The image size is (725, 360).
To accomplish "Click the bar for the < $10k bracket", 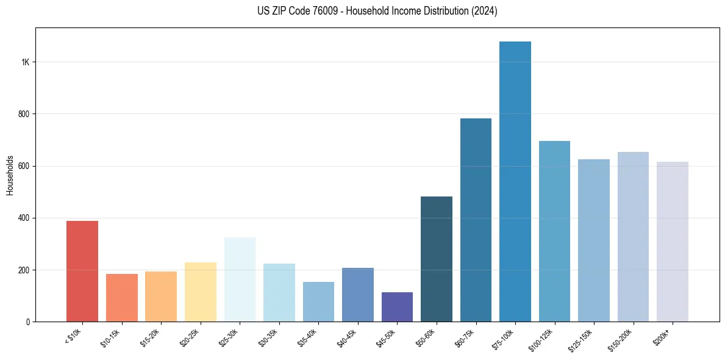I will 82,272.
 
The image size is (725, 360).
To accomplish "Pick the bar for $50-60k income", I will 437,259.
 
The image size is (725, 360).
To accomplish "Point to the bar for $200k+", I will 673,242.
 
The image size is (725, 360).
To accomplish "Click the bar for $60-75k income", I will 476,220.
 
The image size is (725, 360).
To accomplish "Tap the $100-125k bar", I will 554,231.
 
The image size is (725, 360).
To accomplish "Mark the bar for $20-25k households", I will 201,292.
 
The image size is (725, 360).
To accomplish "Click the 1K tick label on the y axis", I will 25,62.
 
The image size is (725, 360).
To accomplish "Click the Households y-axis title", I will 10,175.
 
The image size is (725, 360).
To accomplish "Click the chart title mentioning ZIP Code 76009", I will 377,11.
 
